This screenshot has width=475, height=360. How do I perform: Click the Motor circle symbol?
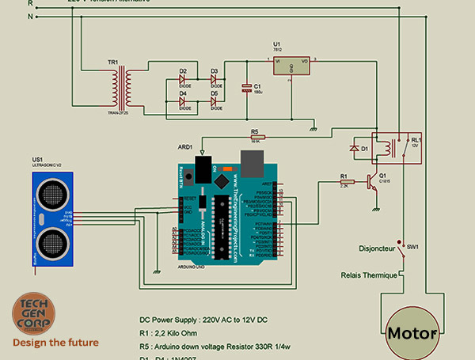point(412,333)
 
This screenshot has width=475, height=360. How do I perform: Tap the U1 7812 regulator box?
point(292,65)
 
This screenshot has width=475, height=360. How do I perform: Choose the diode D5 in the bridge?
point(215,103)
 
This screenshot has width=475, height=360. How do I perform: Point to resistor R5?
point(255,137)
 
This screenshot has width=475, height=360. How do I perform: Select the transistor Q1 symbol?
point(370,181)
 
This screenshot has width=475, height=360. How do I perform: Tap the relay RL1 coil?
point(388,148)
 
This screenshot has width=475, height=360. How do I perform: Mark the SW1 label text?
point(412,247)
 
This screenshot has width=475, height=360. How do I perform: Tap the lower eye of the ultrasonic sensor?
point(51,239)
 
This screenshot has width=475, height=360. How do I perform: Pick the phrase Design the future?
point(55,343)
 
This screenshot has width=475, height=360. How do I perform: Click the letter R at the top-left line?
point(31,3)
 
